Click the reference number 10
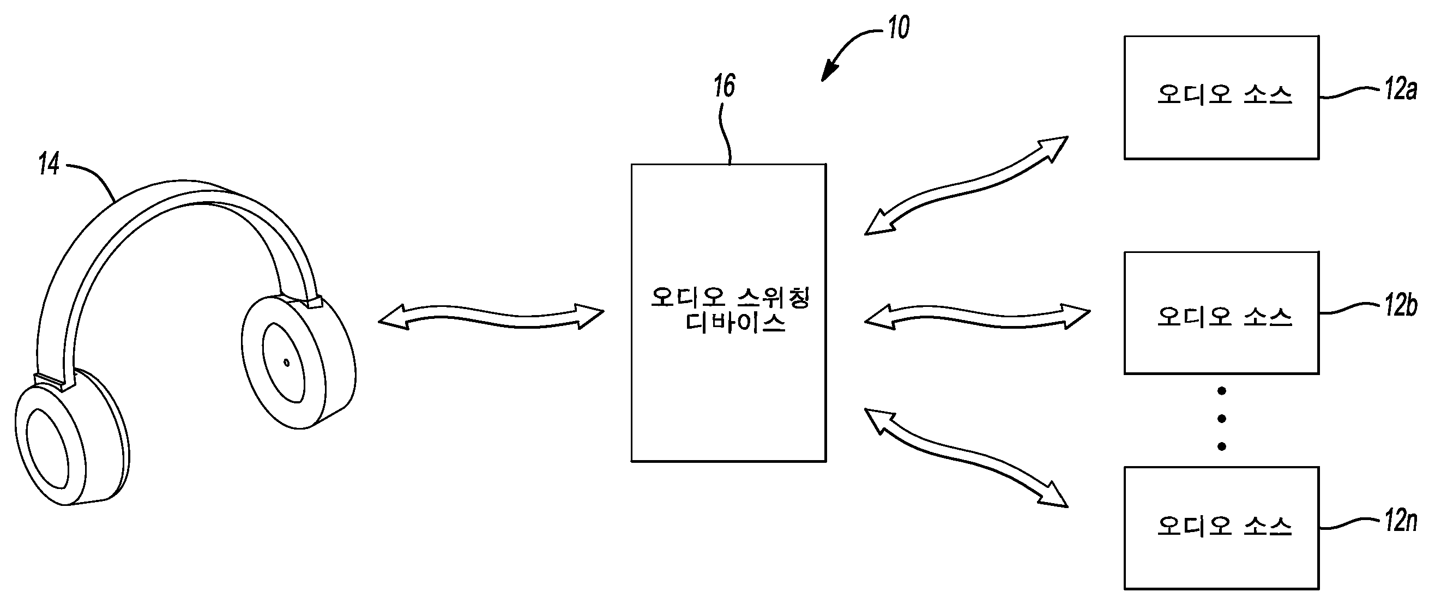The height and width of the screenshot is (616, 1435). tap(899, 27)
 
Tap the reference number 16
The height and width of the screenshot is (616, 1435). tap(724, 86)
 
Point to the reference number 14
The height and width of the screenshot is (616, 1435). tap(49, 164)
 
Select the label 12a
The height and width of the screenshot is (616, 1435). tap(1400, 89)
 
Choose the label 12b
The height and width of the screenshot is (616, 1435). tap(1401, 306)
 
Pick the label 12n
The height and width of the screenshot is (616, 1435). tap(1401, 521)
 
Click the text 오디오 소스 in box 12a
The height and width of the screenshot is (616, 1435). tap(1224, 95)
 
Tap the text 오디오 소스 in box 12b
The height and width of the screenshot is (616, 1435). tap(1224, 317)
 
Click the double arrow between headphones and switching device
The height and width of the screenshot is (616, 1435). tap(491, 316)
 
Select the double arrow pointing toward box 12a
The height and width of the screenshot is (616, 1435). tap(966, 185)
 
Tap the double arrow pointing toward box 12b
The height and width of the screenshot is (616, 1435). tap(977, 316)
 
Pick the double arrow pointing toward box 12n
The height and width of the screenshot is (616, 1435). tap(966, 457)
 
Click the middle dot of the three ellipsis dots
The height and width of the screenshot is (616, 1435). tap(1222, 419)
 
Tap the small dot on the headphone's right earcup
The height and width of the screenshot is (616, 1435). tap(286, 363)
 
